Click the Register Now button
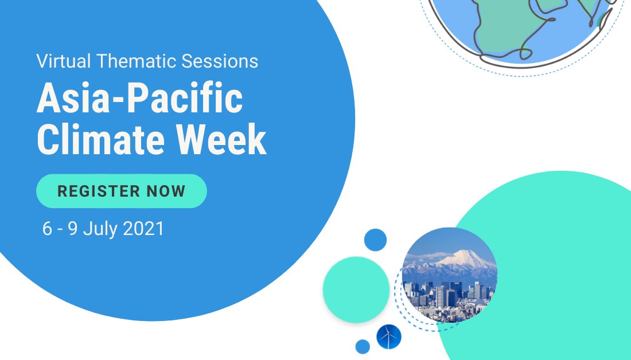tap(121, 191)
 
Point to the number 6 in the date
tap(47, 229)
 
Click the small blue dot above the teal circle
tap(375, 240)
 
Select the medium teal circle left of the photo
tap(356, 289)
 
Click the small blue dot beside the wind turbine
tap(363, 347)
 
